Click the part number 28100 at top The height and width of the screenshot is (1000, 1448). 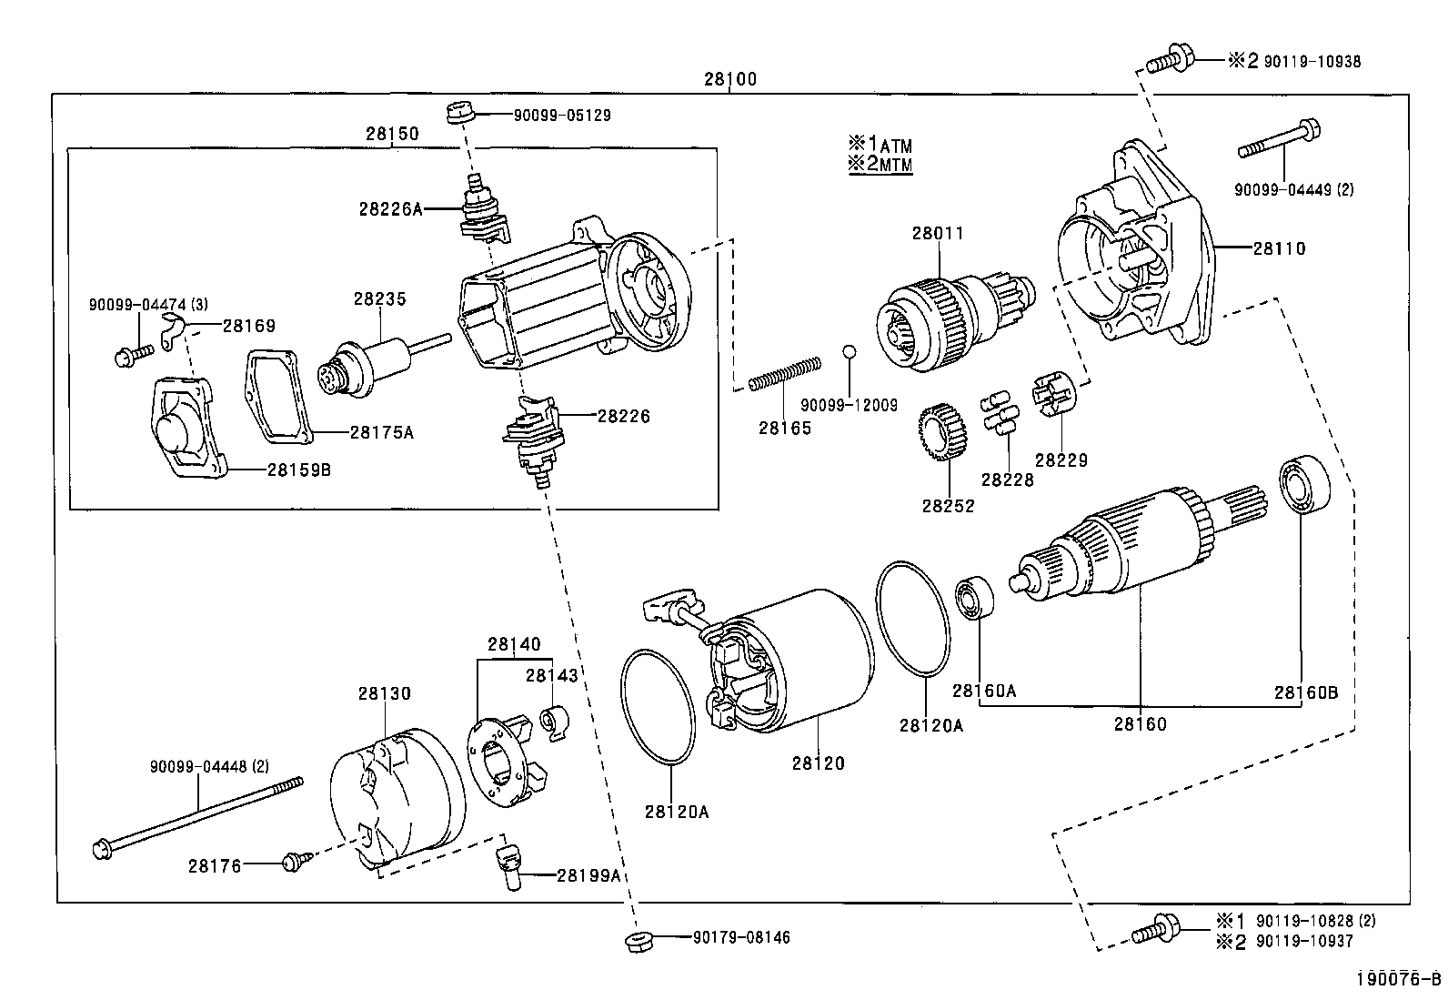tap(729, 79)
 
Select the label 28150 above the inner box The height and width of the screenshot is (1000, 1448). tap(392, 134)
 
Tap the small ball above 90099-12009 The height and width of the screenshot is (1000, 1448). tap(849, 351)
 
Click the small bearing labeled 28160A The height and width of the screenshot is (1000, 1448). tap(974, 596)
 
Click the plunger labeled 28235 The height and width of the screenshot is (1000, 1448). tap(377, 363)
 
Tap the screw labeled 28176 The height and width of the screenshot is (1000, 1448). tap(296, 860)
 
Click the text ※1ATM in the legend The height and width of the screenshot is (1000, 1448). tap(880, 145)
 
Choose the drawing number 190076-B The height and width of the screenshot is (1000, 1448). tap(1397, 979)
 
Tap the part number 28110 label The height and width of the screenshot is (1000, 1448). tap(1279, 247)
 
